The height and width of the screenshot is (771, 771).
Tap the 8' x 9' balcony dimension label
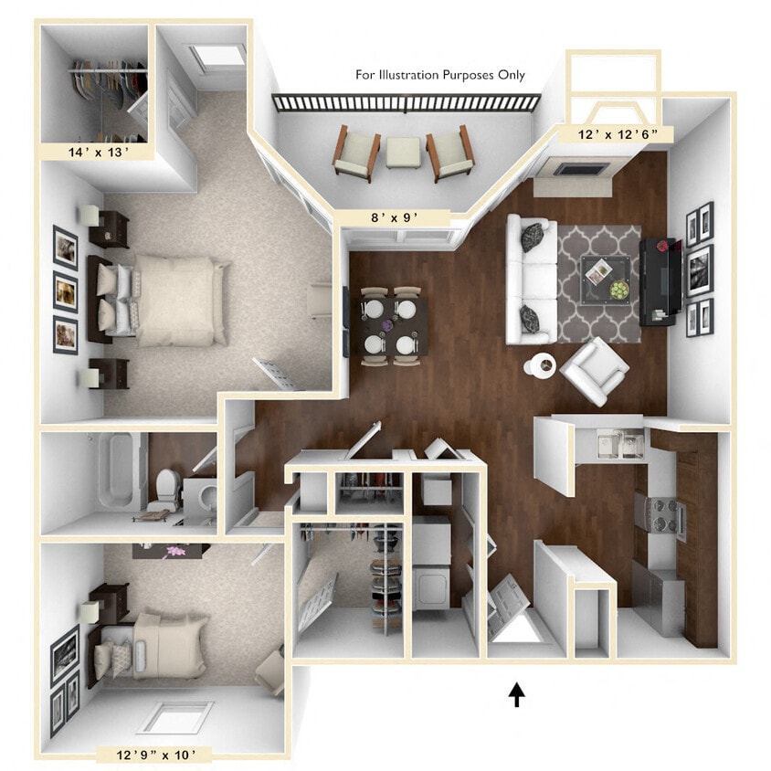[x=394, y=217]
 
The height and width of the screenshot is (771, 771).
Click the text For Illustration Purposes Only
[x=440, y=75]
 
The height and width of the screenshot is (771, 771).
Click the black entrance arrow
[x=517, y=695]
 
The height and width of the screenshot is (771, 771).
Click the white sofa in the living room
[x=531, y=280]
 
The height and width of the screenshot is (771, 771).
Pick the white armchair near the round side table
[x=595, y=370]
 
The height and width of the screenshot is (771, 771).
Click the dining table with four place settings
[x=394, y=327]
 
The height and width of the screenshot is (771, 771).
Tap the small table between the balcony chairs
[x=403, y=153]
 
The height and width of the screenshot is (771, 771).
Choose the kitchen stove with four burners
[x=660, y=514]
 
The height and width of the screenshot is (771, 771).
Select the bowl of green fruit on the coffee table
[x=619, y=290]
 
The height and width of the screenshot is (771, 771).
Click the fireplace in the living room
[x=576, y=170]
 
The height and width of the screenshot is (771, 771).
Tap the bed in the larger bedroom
[x=174, y=301]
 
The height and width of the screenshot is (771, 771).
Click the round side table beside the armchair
[x=540, y=365]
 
